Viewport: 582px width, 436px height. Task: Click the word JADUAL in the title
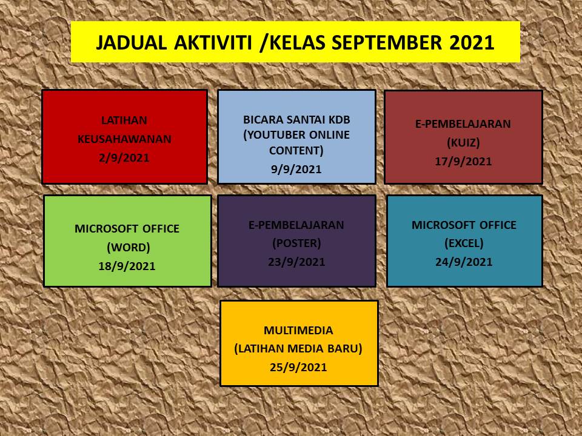(x=131, y=42)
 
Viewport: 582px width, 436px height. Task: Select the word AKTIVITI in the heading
(x=213, y=42)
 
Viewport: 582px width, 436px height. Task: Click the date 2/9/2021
(x=124, y=158)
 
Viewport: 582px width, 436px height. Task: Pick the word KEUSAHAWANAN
(x=124, y=139)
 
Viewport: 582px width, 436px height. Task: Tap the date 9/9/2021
(x=296, y=170)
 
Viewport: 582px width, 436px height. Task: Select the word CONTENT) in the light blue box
(x=296, y=151)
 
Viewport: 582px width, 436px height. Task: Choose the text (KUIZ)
(x=463, y=143)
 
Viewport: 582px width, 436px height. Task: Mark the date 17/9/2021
(x=463, y=162)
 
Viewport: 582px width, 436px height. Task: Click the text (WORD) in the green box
(x=129, y=247)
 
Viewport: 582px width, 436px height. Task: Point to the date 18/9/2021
(x=127, y=266)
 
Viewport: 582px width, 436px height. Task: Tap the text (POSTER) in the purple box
(x=296, y=243)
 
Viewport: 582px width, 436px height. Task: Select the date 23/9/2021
(x=296, y=262)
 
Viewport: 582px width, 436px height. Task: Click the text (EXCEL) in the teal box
(x=464, y=243)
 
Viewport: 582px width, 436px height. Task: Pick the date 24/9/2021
(x=464, y=262)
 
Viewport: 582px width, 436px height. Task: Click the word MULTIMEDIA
(x=298, y=331)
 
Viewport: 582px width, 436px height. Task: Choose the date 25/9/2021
(x=298, y=368)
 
